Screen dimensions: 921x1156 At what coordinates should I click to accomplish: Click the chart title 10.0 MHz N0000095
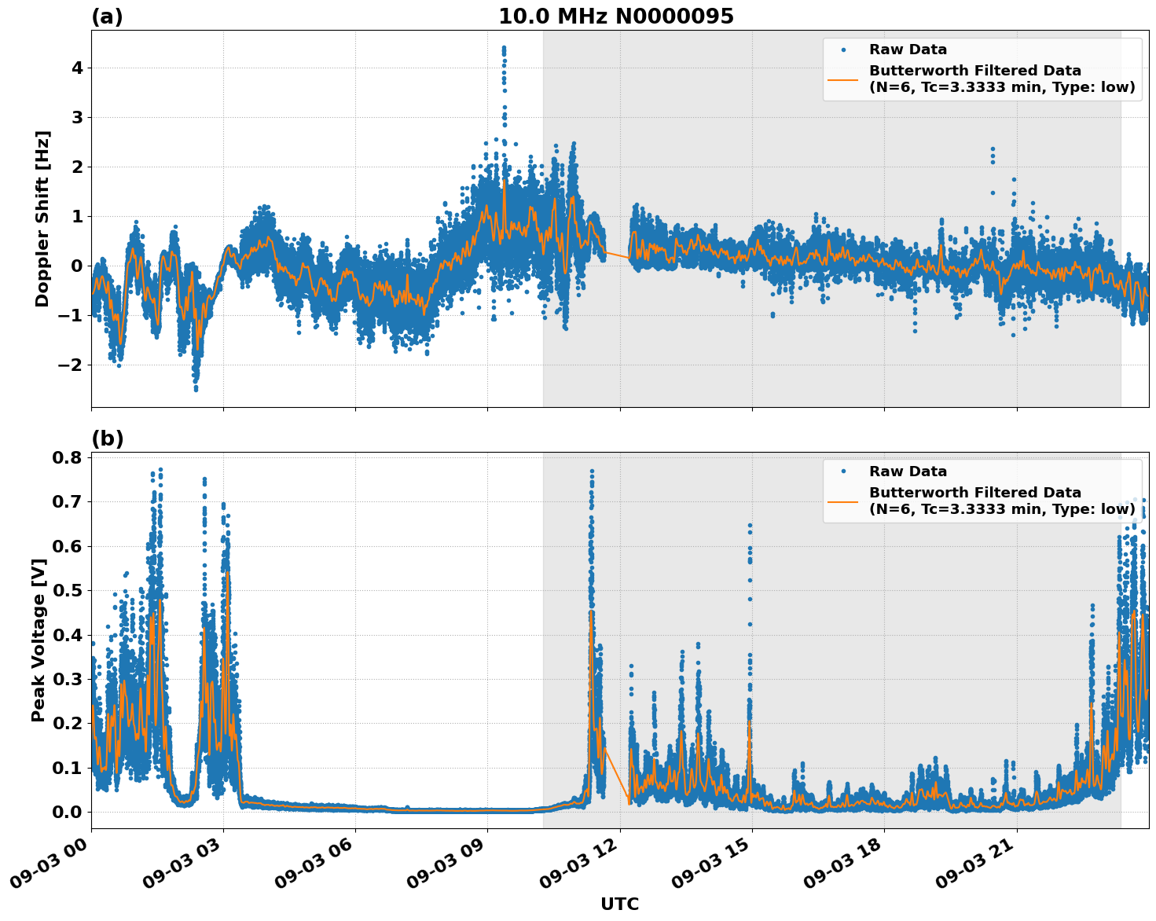coord(615,17)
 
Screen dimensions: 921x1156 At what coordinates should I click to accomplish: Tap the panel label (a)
coord(107,17)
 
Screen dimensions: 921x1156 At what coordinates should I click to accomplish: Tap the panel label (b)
coord(107,438)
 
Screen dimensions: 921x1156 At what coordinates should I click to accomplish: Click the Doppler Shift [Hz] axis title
coord(42,218)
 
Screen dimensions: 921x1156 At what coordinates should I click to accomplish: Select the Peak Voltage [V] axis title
coord(39,640)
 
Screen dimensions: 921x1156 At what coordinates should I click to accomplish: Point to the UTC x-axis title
coord(619,904)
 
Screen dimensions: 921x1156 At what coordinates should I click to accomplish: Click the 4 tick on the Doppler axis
coord(77,68)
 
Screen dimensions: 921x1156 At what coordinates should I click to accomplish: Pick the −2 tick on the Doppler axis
coord(71,365)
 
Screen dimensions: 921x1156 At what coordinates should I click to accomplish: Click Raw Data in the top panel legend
coord(908,50)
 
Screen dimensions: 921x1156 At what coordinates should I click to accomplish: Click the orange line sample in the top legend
coord(843,79)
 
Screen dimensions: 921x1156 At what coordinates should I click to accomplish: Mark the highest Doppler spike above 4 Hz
coord(504,50)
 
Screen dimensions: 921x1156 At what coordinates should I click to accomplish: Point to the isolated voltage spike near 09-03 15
coord(750,526)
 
